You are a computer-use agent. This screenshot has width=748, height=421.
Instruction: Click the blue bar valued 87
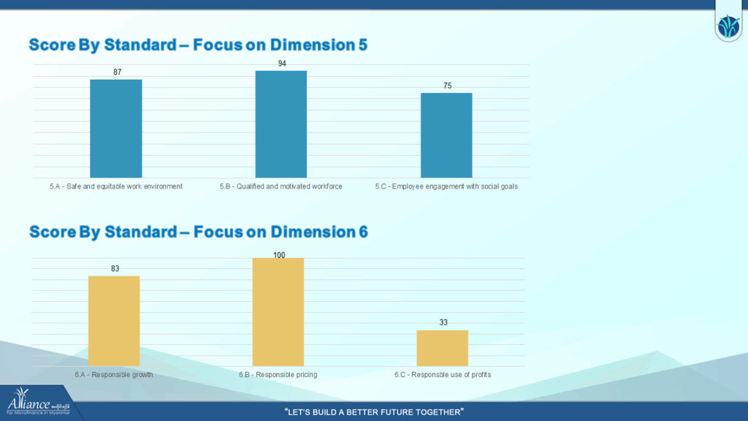click(x=115, y=128)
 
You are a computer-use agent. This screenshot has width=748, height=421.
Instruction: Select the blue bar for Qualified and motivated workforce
click(x=280, y=124)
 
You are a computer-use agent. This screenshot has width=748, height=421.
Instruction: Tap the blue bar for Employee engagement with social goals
click(x=446, y=135)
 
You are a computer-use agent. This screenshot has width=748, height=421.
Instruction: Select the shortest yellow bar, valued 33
click(x=442, y=348)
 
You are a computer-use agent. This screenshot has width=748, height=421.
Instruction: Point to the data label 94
click(x=282, y=64)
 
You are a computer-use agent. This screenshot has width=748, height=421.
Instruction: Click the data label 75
click(x=447, y=86)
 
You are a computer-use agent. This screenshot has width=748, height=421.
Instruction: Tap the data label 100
click(x=279, y=255)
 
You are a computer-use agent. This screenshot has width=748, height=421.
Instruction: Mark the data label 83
click(x=115, y=268)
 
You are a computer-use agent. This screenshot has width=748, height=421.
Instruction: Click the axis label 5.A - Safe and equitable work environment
click(x=115, y=186)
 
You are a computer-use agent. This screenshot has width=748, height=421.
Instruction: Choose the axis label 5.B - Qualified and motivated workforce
click(x=280, y=186)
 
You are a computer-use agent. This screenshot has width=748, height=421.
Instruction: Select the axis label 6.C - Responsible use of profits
click(x=443, y=374)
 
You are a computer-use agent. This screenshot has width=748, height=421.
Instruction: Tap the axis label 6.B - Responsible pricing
click(x=278, y=374)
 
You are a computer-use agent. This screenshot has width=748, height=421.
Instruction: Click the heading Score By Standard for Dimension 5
click(x=198, y=45)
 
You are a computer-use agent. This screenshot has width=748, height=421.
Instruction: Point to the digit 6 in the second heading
click(x=363, y=232)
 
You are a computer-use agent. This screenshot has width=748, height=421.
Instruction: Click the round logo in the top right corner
click(x=728, y=28)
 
